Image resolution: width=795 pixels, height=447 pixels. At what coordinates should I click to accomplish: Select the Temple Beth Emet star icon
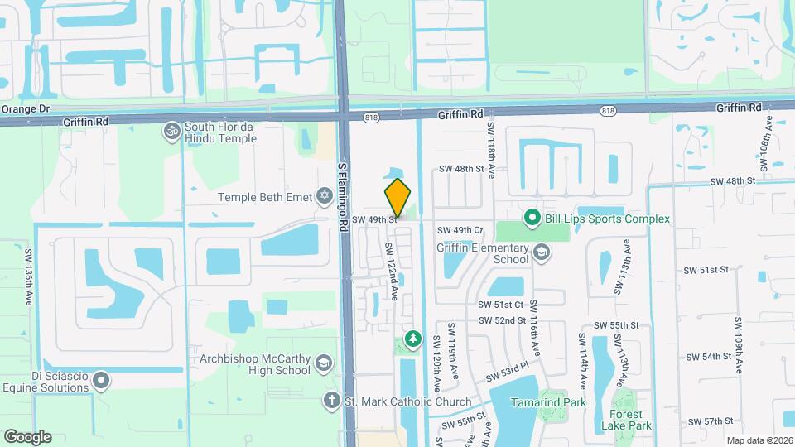(325, 196)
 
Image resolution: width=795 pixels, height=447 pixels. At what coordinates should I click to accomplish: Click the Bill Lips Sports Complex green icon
(533, 218)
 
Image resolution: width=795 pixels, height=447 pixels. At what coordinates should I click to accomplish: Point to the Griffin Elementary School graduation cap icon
(542, 252)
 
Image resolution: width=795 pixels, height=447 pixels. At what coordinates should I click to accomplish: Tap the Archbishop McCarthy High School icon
(324, 364)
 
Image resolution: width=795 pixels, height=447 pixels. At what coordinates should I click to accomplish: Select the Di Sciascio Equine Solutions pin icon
(102, 380)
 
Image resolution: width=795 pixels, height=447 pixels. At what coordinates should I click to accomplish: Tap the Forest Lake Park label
(631, 420)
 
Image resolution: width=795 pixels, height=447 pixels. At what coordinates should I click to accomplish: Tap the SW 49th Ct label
(460, 230)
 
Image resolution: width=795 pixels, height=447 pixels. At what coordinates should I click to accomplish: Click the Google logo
(27, 437)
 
